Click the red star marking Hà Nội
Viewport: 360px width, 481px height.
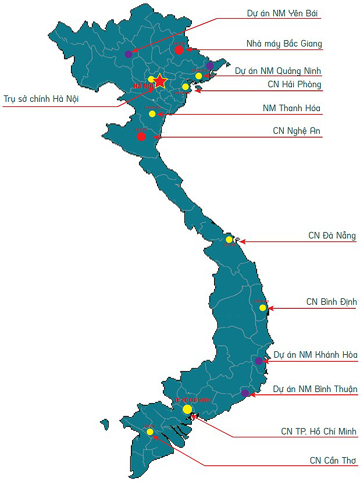160,81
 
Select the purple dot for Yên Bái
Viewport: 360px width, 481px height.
129,54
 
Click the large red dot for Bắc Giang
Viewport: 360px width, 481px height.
179,49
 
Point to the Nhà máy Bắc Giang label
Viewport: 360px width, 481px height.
284,44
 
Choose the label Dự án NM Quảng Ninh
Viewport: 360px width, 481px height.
278,71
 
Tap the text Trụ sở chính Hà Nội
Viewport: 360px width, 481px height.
41,99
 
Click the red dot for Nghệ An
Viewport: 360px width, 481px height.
141,136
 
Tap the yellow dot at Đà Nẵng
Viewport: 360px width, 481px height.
229,239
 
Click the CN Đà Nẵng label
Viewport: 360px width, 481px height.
332,236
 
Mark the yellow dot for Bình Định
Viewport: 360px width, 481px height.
263,308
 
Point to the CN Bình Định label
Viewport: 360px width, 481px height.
332,302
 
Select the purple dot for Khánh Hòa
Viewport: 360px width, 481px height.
259,361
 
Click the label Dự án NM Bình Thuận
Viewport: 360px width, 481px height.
315,389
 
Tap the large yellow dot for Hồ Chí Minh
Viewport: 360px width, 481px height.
187,409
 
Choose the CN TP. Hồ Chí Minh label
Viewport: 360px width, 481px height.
319,432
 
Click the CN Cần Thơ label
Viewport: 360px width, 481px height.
333,460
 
